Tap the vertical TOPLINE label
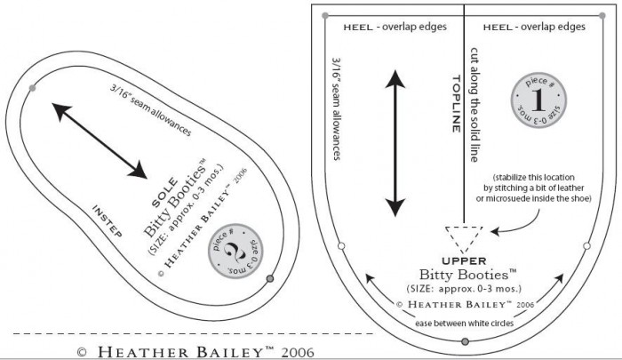tap(451, 107)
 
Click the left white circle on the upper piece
tap(340, 244)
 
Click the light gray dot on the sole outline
tap(33, 86)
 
